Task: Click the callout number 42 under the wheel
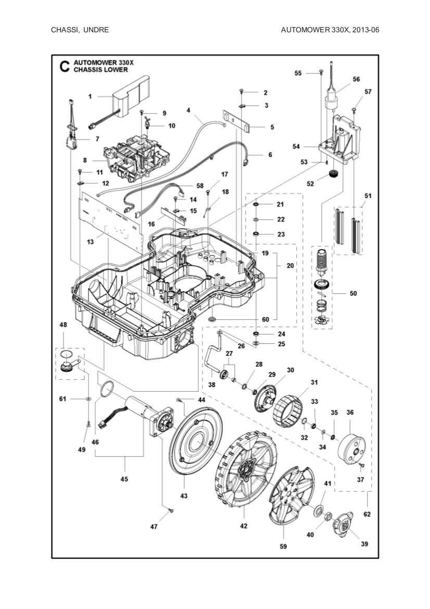(244, 526)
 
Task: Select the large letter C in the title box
(64, 66)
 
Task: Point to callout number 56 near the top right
(356, 79)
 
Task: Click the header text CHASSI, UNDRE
(80, 30)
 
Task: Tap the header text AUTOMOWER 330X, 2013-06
(330, 30)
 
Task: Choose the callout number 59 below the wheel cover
(283, 546)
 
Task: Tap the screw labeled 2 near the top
(243, 92)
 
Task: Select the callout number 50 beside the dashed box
(353, 294)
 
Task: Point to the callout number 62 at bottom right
(366, 514)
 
